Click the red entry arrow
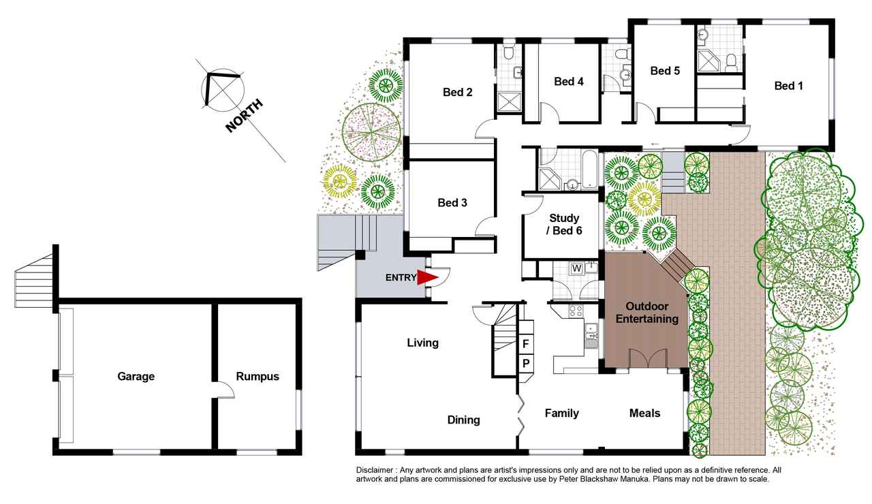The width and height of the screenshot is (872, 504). tap(427, 277)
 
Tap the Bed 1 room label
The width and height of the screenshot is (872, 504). tap(788, 86)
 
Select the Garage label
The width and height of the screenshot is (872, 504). tap(136, 377)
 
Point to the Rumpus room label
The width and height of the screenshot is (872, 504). tap(258, 377)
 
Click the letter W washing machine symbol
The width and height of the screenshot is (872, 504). tap(576, 268)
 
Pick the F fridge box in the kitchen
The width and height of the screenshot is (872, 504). tap(525, 344)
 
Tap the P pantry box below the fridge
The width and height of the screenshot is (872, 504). tap(525, 364)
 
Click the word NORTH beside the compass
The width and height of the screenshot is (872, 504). tap(244, 116)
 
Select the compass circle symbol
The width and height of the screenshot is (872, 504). tap(223, 90)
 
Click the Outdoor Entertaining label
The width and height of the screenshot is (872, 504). tap(647, 313)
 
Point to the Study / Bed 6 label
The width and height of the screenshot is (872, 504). tap(564, 224)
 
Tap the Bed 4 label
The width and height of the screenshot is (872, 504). tap(569, 81)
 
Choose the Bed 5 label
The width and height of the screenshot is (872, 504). tap(665, 71)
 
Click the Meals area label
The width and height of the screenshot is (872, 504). tap(644, 413)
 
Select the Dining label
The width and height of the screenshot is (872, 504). tap(463, 420)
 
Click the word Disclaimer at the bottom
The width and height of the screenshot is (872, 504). tap(374, 470)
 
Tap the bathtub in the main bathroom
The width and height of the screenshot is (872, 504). tap(589, 170)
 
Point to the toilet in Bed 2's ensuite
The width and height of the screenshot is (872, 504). tap(508, 52)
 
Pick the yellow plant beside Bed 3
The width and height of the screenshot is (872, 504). tap(340, 181)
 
